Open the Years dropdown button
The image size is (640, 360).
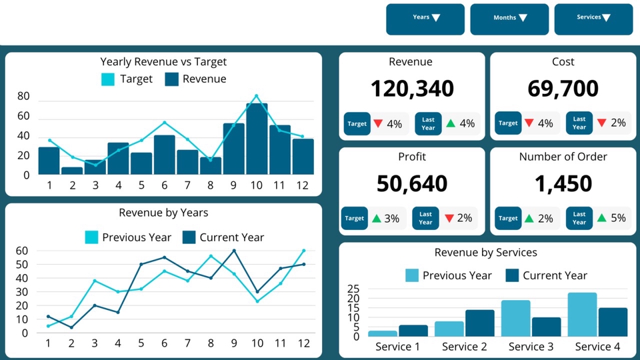(425, 19)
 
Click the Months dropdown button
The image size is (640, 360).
(509, 19)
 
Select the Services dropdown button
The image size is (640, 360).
(593, 19)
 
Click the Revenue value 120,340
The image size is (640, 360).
(411, 89)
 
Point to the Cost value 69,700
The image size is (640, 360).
(563, 89)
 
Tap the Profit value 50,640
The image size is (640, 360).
(411, 183)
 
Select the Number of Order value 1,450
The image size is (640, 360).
(563, 183)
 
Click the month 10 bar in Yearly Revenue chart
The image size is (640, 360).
(257, 139)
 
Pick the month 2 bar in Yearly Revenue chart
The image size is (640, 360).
(72, 171)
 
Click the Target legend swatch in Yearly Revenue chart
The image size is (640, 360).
(108, 79)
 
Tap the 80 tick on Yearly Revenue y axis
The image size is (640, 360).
(23, 97)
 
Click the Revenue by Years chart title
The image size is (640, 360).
(163, 213)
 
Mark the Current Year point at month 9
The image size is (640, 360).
(234, 251)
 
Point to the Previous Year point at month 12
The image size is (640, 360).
(303, 251)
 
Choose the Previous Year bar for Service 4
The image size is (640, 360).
(582, 315)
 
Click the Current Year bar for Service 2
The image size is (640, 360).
(480, 323)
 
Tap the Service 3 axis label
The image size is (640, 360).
(531, 347)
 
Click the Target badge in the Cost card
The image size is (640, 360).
(508, 123)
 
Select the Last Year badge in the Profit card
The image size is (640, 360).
(426, 218)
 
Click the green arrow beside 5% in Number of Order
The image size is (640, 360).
(603, 218)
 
